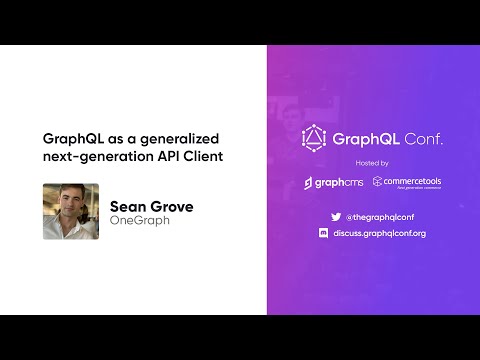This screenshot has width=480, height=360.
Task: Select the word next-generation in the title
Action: coord(99,156)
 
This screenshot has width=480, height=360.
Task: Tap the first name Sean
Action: coord(127,207)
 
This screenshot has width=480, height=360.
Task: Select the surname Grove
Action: coord(170,207)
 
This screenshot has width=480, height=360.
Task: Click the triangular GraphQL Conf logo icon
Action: coord(315,138)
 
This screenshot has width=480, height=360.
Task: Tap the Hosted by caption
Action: coord(371,162)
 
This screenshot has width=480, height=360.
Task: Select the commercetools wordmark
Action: coord(413,181)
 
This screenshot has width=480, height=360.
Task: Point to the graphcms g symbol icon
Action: coord(309,183)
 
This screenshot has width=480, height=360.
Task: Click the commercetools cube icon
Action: coord(378,182)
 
